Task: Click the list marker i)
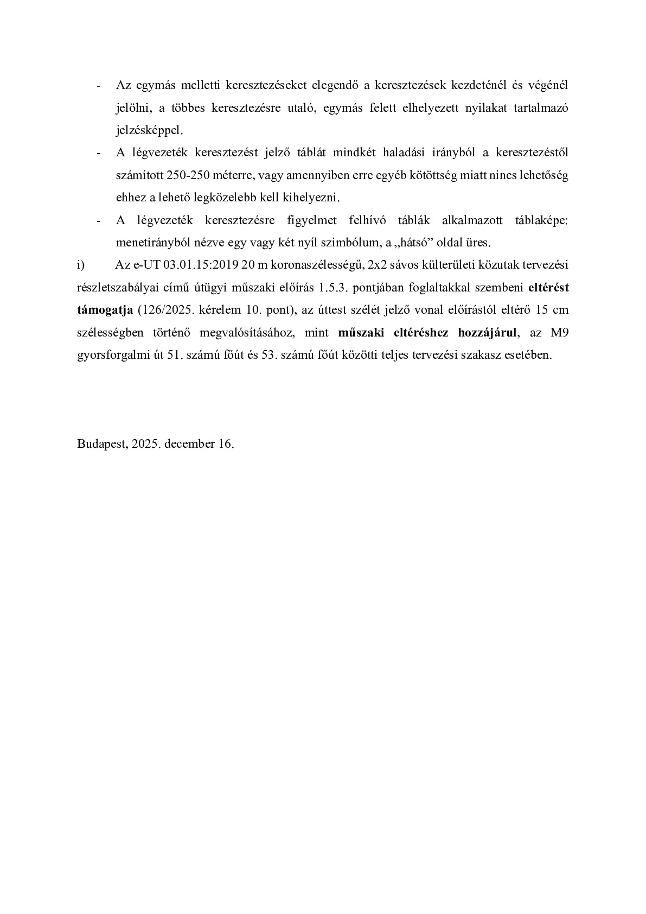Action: [81, 265]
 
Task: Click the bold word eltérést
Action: [548, 288]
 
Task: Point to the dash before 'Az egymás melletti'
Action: [98, 86]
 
